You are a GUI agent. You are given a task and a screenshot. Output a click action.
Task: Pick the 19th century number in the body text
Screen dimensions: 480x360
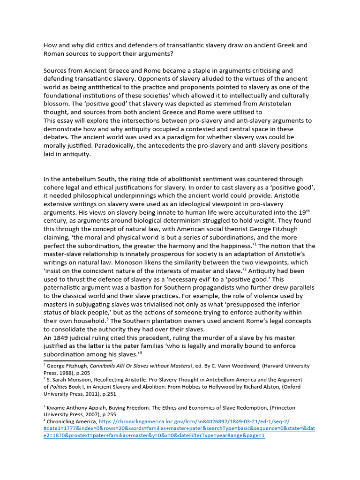(304, 213)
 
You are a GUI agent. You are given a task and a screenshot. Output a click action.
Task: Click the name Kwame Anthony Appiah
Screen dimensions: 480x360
(76, 408)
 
